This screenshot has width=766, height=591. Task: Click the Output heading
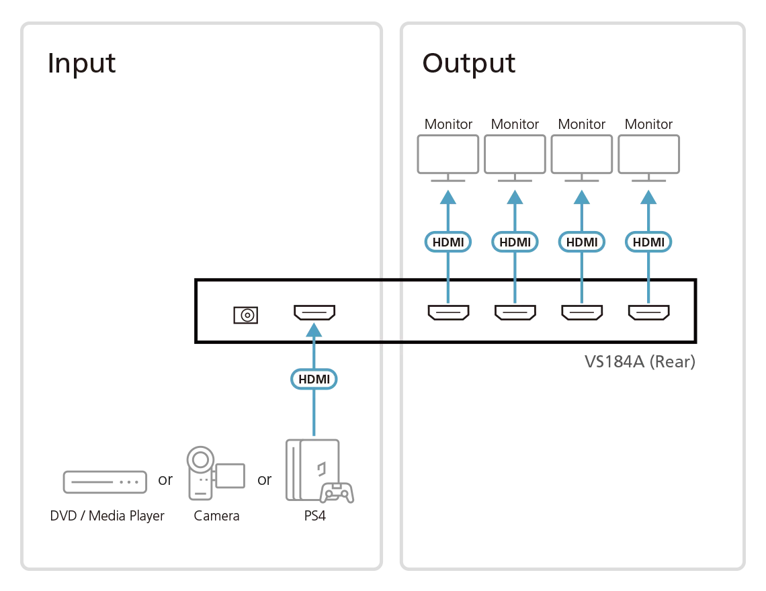point(468,64)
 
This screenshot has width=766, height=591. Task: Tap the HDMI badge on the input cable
point(314,379)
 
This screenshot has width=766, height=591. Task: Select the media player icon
point(105,480)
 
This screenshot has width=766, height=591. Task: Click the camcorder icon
point(214,474)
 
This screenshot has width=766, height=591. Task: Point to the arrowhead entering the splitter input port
point(314,330)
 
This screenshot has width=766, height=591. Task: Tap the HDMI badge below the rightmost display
point(648,242)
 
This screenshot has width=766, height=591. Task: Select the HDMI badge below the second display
point(515,242)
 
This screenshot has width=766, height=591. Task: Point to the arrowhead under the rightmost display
point(648,196)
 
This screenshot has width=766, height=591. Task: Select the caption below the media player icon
point(107,516)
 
